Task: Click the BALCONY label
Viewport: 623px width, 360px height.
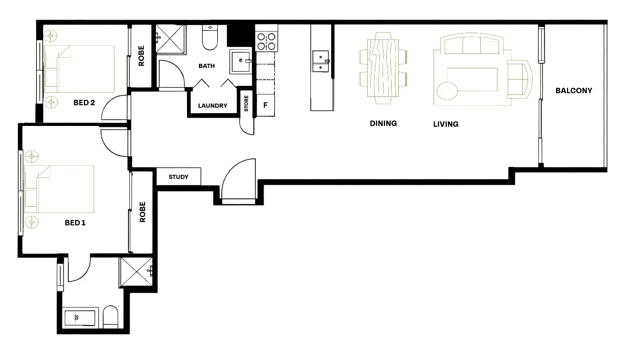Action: click(x=574, y=91)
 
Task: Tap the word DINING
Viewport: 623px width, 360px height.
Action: click(x=383, y=123)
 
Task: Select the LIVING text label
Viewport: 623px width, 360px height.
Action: click(x=446, y=124)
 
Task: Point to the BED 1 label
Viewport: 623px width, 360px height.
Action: click(x=75, y=223)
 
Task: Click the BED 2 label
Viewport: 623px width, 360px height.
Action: click(x=84, y=103)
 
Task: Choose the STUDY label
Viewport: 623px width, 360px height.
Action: click(x=179, y=177)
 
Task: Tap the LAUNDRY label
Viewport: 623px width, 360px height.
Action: click(x=212, y=106)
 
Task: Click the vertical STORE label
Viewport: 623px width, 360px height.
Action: click(x=246, y=104)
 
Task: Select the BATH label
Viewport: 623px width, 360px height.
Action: click(x=206, y=66)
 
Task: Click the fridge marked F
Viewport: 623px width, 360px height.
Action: click(x=265, y=105)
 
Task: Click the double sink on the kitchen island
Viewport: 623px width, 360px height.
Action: click(x=320, y=61)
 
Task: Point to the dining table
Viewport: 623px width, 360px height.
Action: click(x=383, y=68)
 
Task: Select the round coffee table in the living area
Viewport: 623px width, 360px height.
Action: click(x=446, y=91)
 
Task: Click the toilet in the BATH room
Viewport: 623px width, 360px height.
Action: click(x=210, y=38)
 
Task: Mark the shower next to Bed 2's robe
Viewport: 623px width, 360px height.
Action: click(x=170, y=39)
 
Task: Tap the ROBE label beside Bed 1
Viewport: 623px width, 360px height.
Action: click(x=143, y=212)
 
